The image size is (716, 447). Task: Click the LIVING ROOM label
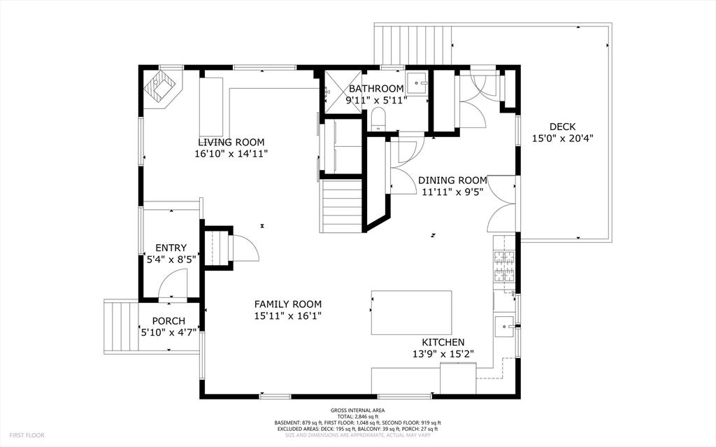231,142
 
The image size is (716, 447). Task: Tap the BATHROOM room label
376,89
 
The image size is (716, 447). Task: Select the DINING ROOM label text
452,180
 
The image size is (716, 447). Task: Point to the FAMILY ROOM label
287,304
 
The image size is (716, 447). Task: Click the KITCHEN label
443,342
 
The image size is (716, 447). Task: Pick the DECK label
563,127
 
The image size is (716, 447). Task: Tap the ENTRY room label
171,248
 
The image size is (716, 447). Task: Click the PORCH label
169,321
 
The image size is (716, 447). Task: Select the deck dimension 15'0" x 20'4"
563,138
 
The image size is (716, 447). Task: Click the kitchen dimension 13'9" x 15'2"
443,353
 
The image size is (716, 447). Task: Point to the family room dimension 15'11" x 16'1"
287,315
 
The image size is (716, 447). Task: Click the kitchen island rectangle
411,313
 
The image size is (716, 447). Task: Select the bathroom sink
417,83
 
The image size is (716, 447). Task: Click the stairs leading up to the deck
413,45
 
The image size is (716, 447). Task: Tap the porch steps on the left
121,325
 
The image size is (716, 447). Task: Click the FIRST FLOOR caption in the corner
27,435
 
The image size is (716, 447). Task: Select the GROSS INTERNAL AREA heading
357,411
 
